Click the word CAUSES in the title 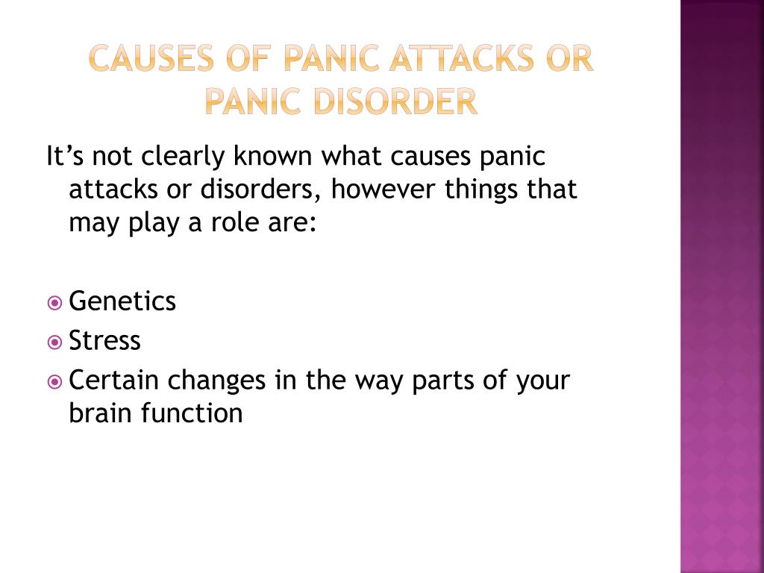151,58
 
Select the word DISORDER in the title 395,101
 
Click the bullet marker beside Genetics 54,303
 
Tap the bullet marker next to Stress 54,342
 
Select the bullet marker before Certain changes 54,382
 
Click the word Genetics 122,301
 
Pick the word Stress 104,340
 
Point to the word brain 101,413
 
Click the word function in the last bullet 192,413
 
